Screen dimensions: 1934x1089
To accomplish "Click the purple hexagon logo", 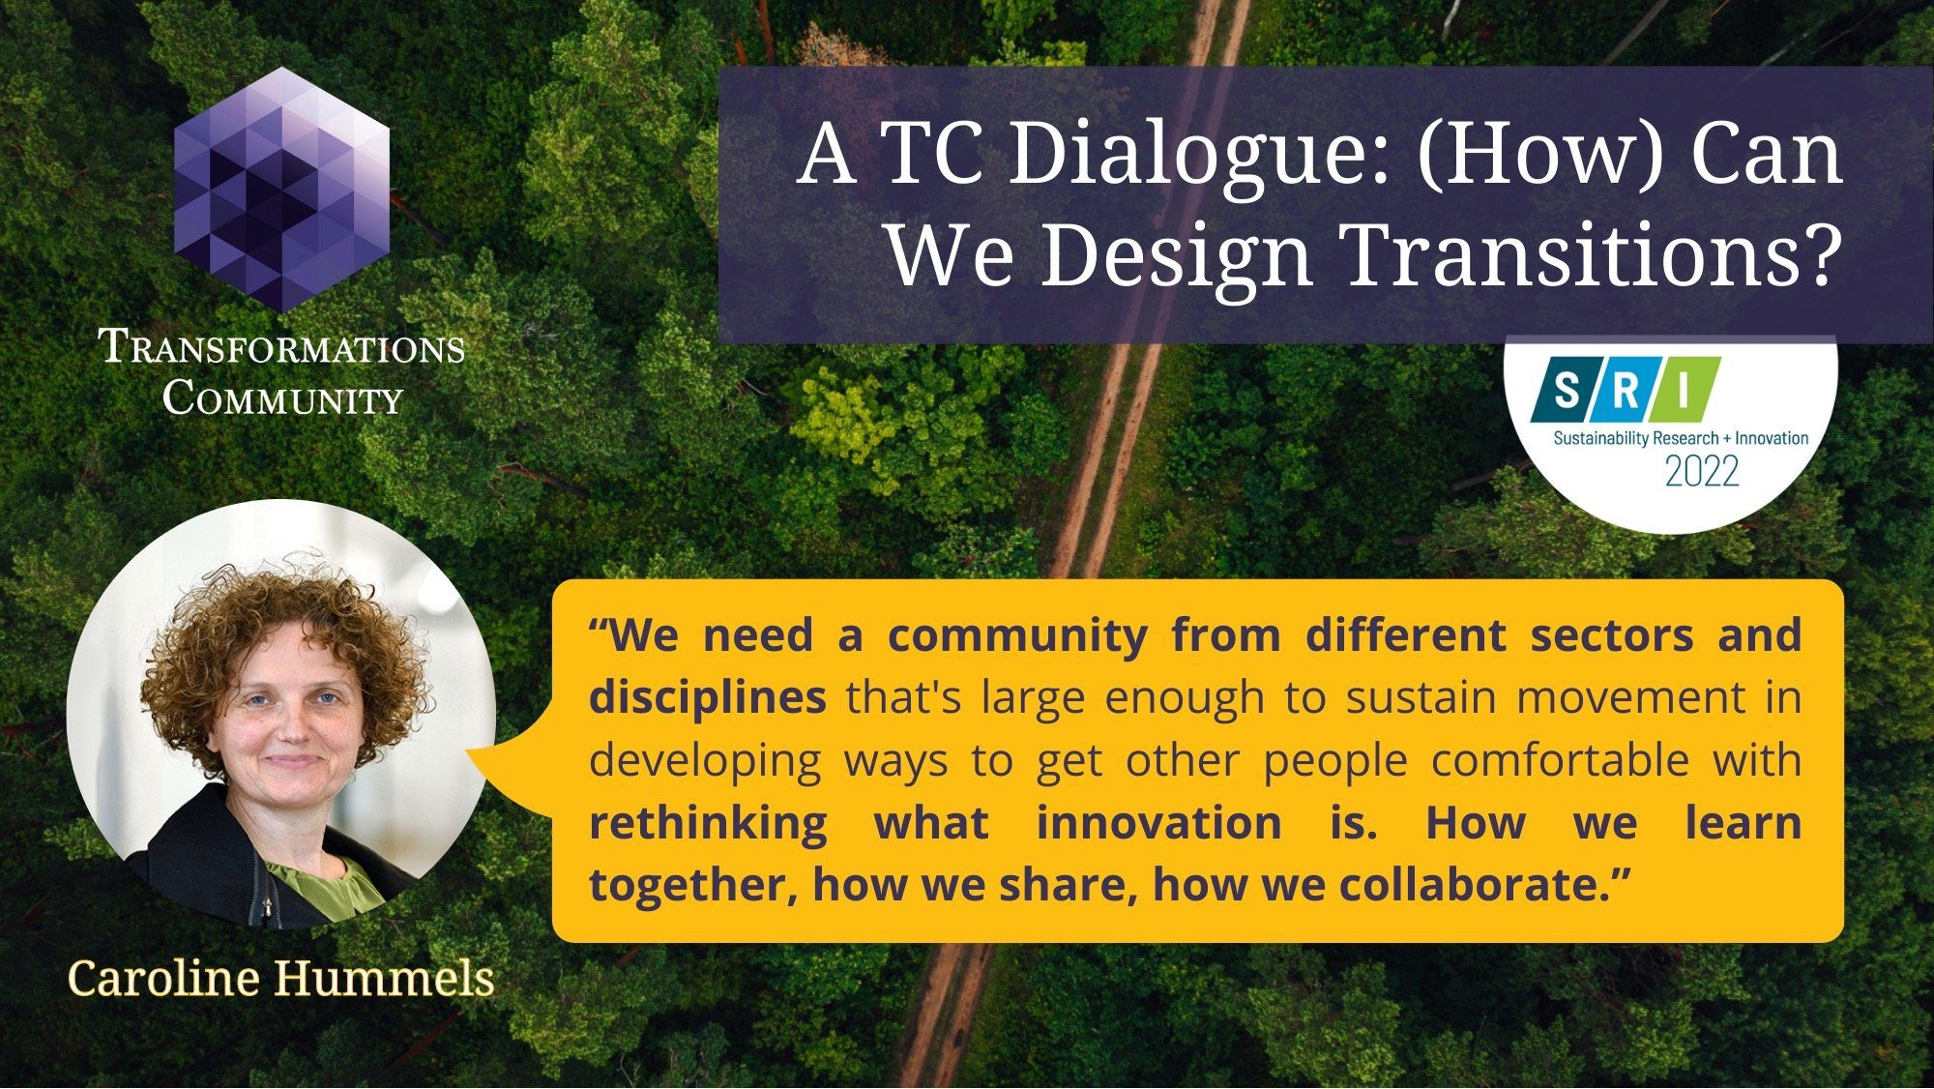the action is tap(281, 190).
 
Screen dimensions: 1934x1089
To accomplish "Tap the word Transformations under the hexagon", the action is tap(282, 347).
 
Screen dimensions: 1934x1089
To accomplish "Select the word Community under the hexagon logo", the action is tap(282, 397).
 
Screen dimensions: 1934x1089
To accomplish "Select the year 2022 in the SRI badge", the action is tap(1702, 472).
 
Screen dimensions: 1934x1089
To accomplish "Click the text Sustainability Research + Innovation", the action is tap(1681, 438).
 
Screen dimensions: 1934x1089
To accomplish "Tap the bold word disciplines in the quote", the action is tap(708, 697).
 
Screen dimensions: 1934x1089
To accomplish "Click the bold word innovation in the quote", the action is tap(1159, 823).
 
